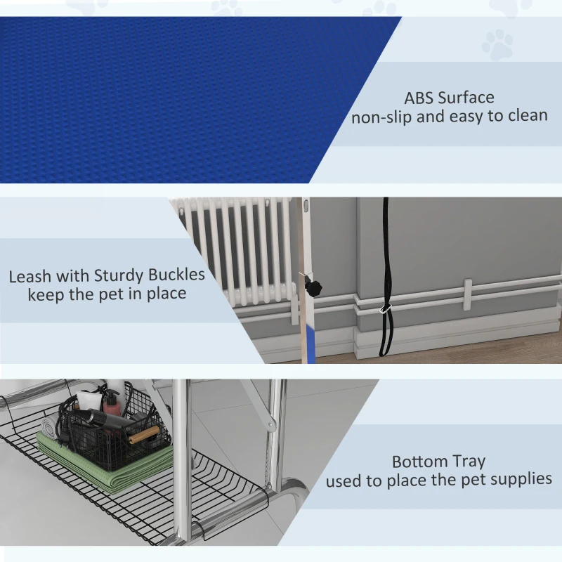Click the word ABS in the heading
[419, 98]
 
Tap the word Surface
[466, 98]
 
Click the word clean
[528, 115]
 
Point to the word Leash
[30, 276]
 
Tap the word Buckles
[176, 275]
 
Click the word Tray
[466, 462]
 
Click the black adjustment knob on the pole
[313, 287]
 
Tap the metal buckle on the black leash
[386, 308]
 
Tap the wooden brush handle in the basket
[144, 435]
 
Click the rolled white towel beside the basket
[49, 429]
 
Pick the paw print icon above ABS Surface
[497, 44]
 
